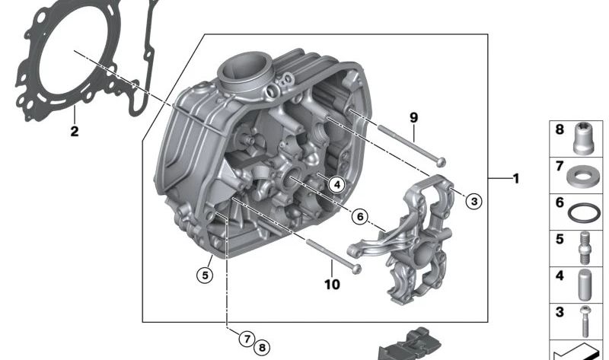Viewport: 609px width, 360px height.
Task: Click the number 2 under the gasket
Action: (75, 132)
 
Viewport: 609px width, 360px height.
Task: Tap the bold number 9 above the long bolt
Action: (414, 117)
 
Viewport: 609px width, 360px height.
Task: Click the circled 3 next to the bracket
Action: (473, 202)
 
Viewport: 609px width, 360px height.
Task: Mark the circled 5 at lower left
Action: (205, 275)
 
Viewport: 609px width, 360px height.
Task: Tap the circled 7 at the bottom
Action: (247, 339)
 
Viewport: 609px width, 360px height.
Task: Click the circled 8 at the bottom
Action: (263, 347)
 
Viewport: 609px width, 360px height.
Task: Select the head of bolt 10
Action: (356, 268)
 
